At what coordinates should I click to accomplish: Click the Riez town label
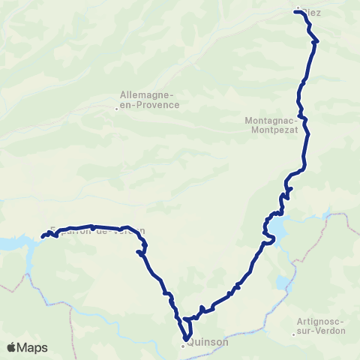tap(311, 13)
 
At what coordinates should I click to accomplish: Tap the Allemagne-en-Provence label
tap(150, 100)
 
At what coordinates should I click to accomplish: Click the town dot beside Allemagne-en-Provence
tap(116, 109)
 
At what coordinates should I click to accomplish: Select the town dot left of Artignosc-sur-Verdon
tap(294, 334)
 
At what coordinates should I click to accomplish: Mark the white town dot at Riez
tap(298, 9)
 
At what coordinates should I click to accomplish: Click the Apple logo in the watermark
tap(13, 347)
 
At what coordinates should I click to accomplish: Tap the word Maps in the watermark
tap(34, 347)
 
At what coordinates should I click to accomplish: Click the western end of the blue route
tap(42, 238)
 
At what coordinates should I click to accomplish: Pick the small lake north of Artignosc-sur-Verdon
tap(283, 283)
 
